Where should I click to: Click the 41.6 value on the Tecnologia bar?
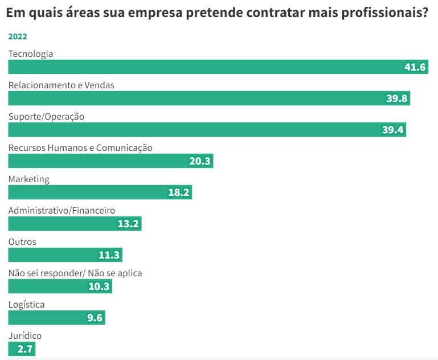coord(415,67)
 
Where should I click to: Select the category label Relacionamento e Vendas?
coord(62,85)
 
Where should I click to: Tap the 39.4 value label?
coord(393,130)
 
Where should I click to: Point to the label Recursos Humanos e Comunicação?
coord(80,148)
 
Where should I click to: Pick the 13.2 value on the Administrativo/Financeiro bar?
coord(128,224)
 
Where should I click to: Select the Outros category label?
coord(22,242)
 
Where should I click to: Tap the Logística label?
coord(26,304)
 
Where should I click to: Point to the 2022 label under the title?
coord(18,36)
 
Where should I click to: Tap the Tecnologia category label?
coord(31,54)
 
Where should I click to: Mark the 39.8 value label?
coord(397,99)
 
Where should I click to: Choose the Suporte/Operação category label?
coord(46,116)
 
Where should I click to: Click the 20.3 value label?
coord(200,161)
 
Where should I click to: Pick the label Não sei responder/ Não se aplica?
coord(75,273)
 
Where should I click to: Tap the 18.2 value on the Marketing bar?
coord(178,193)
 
